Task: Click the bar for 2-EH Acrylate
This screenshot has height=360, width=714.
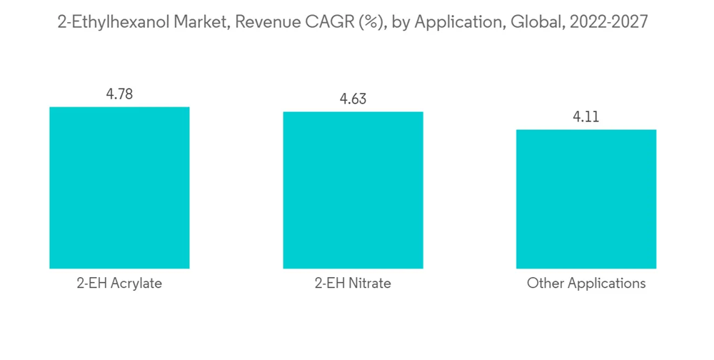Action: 119,188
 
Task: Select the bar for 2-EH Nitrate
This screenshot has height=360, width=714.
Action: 353,190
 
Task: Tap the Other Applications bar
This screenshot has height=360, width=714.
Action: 586,199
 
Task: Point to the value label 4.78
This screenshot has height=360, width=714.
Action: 119,94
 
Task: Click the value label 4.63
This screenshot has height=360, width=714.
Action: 353,99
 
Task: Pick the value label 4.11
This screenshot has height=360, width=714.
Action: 586,116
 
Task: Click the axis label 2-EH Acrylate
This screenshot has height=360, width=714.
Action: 119,284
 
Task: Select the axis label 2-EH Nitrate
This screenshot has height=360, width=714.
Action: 353,284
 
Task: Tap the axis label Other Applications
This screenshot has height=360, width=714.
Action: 586,284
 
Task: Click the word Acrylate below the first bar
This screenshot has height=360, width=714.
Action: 136,284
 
